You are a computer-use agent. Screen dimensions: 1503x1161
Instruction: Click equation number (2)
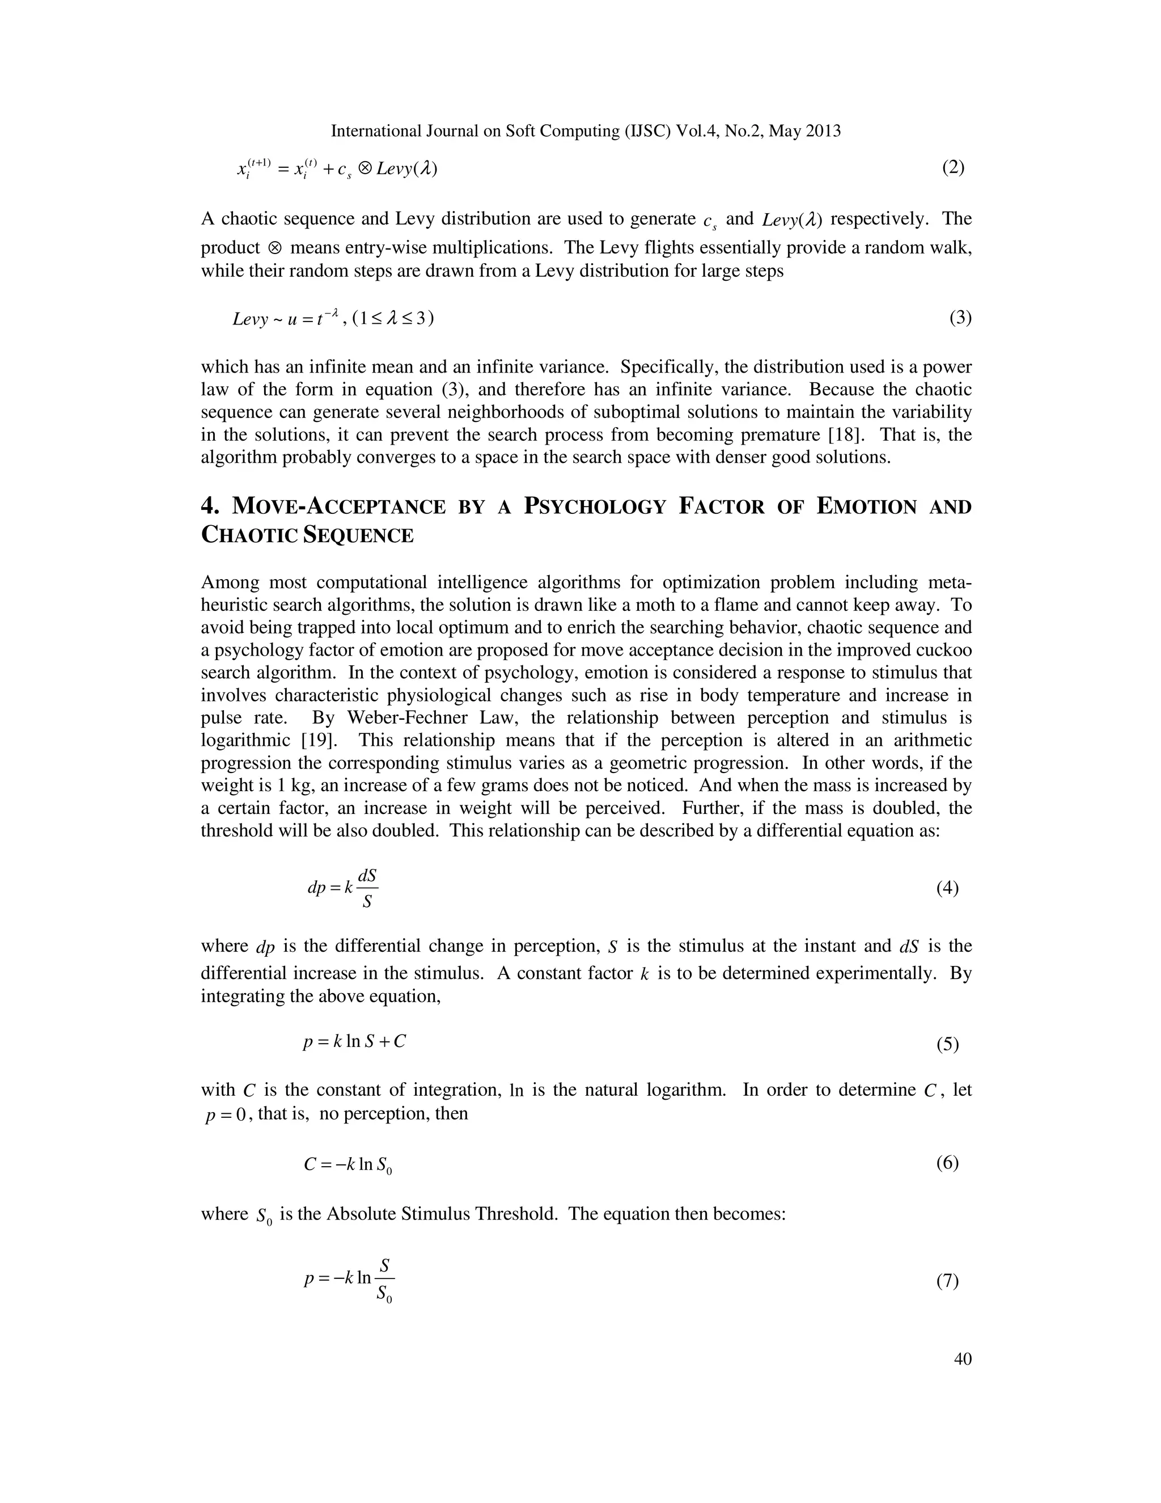coord(952,168)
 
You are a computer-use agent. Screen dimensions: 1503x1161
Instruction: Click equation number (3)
coord(960,318)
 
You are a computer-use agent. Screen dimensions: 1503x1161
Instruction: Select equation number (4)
coord(947,888)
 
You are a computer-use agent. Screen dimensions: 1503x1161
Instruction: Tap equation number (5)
coord(947,1045)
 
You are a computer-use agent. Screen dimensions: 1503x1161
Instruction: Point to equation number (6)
coord(947,1163)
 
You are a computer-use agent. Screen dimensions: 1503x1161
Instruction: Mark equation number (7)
coord(947,1281)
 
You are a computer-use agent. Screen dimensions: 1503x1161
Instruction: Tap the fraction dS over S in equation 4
coord(367,888)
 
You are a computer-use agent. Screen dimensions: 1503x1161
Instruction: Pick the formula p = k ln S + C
coord(355,1042)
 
